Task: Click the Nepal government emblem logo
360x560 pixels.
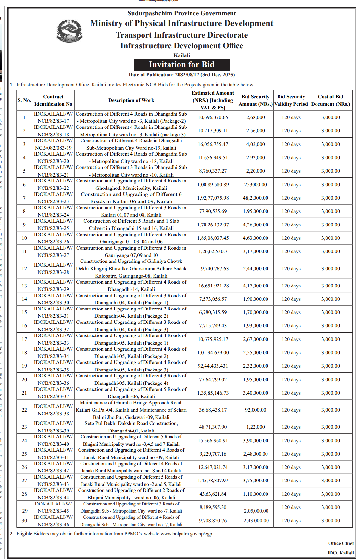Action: click(69, 31)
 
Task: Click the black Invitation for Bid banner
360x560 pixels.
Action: click(182, 65)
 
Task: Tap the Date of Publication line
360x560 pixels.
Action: click(181, 75)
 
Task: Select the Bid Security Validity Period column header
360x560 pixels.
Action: click(291, 100)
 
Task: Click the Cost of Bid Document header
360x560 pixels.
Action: click(330, 100)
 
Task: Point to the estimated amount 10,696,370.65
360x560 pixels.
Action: click(213, 117)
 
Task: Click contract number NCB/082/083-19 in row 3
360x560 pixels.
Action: click(53, 148)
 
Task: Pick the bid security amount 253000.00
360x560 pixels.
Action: click(255, 185)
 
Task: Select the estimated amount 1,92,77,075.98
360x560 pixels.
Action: click(213, 198)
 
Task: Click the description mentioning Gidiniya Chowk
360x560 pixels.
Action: click(131, 269)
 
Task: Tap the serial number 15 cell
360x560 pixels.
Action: click(24, 312)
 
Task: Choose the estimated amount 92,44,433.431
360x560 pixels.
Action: click(213, 366)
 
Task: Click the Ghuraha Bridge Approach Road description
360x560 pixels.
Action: click(131, 410)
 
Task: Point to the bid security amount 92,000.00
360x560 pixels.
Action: click(255, 410)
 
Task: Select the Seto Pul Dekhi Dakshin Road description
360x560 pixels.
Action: click(131, 427)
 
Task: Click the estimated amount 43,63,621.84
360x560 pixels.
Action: click(213, 494)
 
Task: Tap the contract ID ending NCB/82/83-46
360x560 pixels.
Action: click(53, 524)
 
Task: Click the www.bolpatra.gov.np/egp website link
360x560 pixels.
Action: click(186, 534)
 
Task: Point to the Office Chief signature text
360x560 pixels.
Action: click(341, 543)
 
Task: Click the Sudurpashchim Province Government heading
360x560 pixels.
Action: click(181, 13)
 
